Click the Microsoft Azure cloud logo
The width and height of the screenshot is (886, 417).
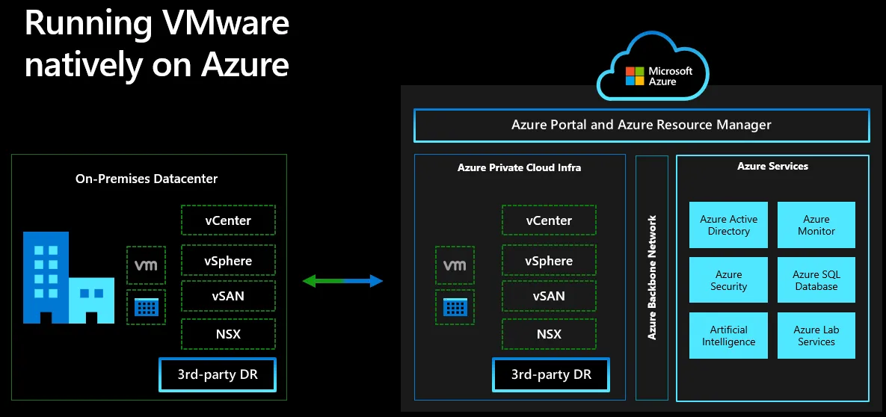click(x=653, y=67)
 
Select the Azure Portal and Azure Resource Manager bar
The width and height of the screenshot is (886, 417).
click(x=642, y=125)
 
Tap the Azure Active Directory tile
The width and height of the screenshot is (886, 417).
click(x=728, y=225)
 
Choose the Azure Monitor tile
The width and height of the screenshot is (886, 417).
click(x=816, y=225)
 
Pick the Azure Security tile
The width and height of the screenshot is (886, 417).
click(x=728, y=280)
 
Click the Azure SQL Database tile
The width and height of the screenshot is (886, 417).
click(x=816, y=280)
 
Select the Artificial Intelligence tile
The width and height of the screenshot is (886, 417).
click(x=728, y=336)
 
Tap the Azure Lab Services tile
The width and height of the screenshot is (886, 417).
click(x=816, y=336)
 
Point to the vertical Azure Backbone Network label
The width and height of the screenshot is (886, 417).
click(x=652, y=277)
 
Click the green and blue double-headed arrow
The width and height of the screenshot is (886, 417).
click(x=343, y=280)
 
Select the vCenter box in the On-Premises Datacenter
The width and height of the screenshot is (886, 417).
click(x=228, y=220)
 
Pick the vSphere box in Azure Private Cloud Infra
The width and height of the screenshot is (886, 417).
click(x=549, y=261)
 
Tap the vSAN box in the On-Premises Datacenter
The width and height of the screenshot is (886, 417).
click(x=228, y=295)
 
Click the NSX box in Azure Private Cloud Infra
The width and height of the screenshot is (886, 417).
click(x=549, y=333)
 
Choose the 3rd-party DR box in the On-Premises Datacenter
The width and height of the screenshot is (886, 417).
click(x=218, y=374)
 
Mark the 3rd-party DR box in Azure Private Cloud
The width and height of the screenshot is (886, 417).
click(x=551, y=374)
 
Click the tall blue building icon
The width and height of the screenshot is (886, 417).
click(x=46, y=277)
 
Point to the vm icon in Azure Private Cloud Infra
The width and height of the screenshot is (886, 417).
click(x=455, y=265)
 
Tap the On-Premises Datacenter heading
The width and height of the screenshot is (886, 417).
click(x=147, y=179)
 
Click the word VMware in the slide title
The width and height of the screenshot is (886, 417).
click(x=218, y=25)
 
